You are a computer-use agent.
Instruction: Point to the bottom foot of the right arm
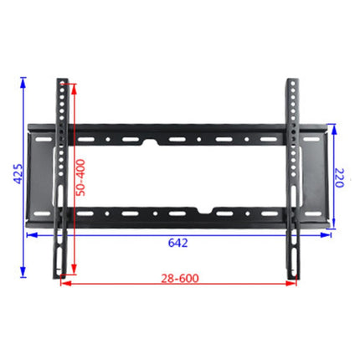tap(293, 271)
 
